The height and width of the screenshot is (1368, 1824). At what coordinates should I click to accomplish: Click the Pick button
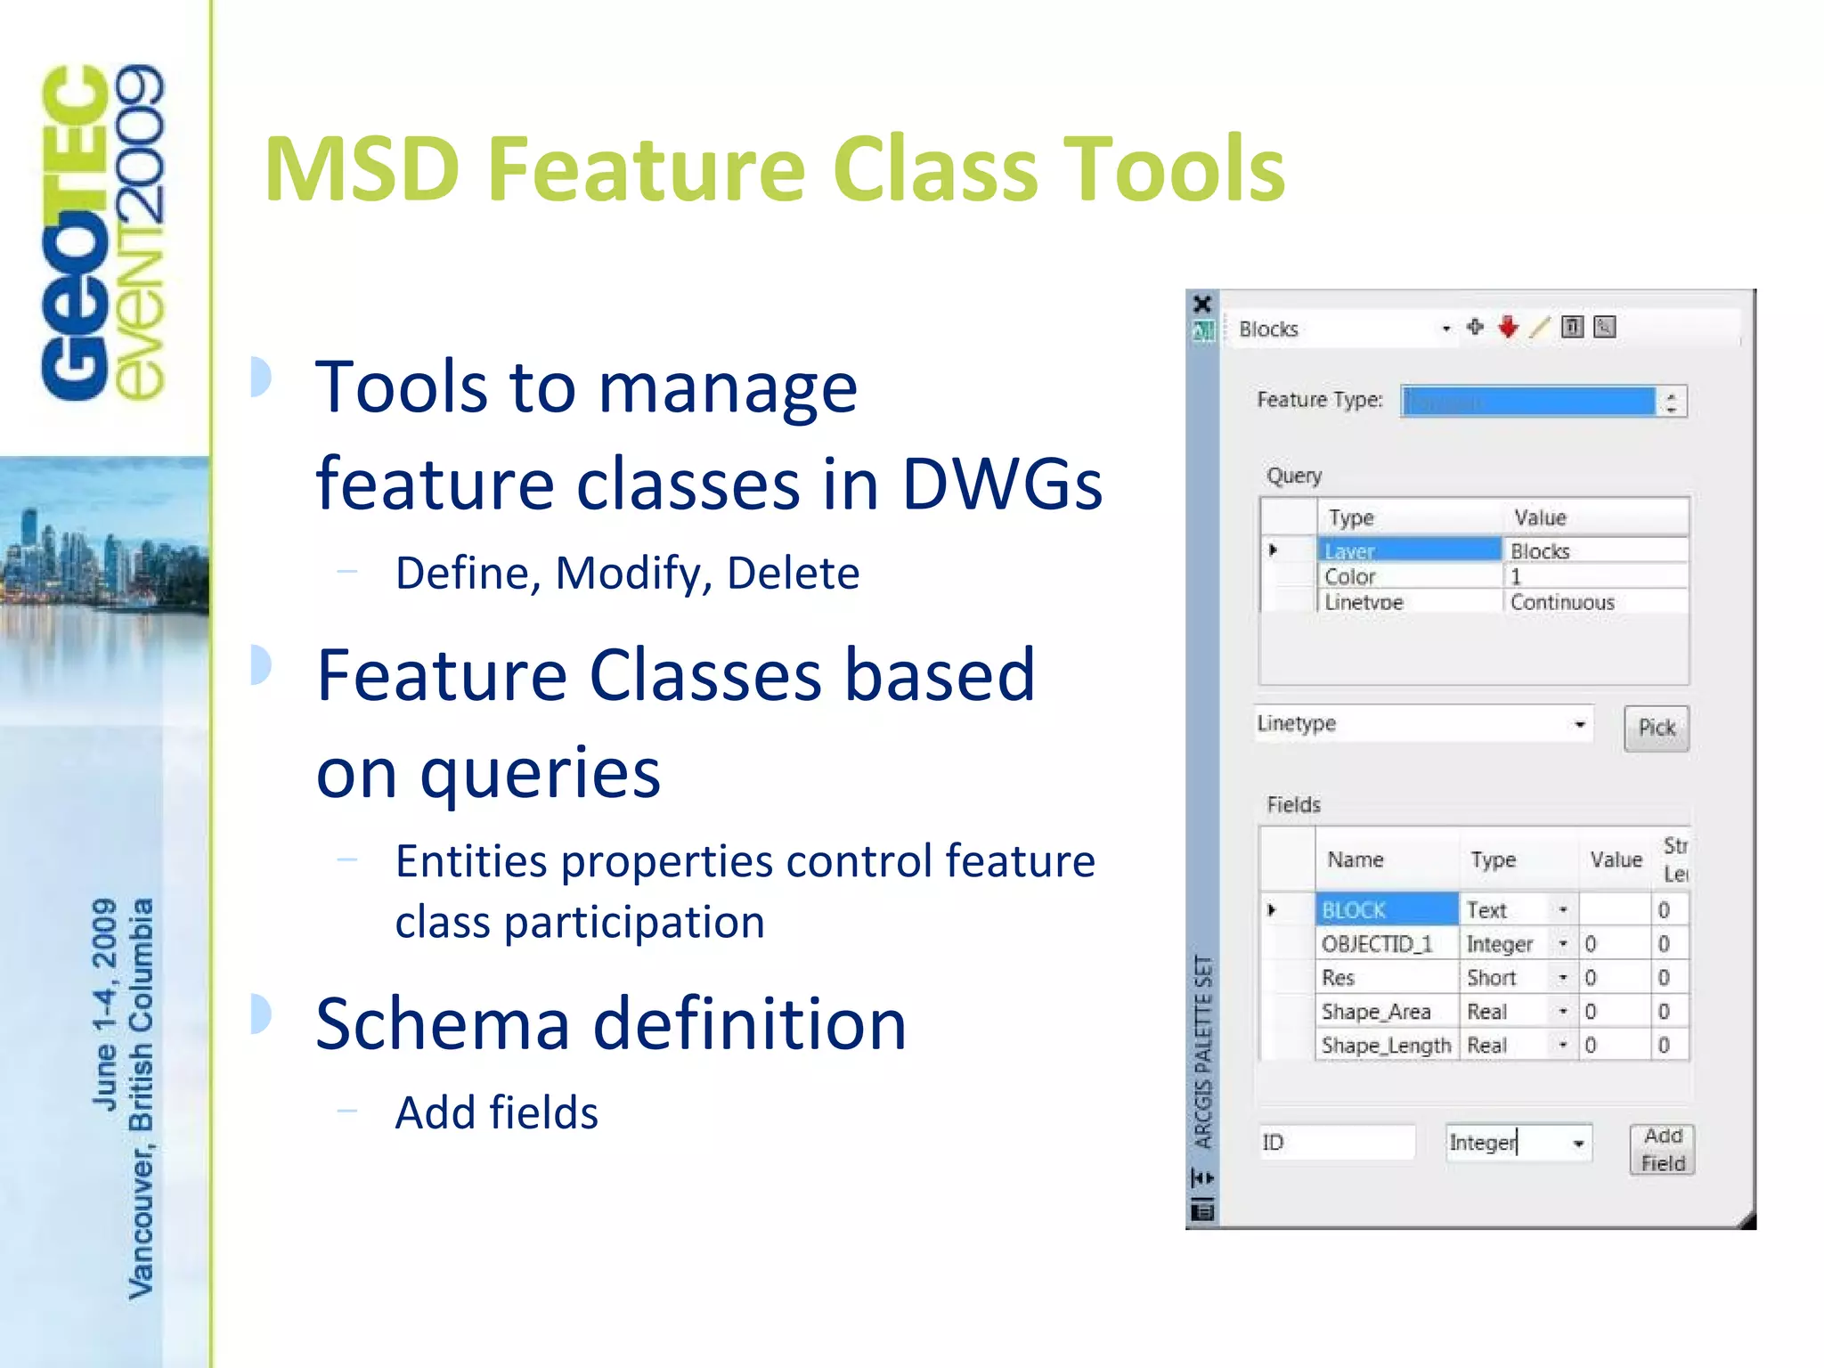pyautogui.click(x=1656, y=728)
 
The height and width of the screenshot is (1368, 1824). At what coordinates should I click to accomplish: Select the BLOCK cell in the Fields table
pyautogui.click(x=1386, y=909)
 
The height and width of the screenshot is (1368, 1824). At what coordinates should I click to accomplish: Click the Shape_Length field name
pyautogui.click(x=1386, y=1045)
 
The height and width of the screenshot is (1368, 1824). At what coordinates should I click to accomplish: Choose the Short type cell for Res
pyautogui.click(x=1505, y=977)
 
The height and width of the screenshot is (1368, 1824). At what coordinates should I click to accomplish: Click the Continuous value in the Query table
pyautogui.click(x=1562, y=602)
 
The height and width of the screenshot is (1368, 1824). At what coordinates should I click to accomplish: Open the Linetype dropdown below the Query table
pyautogui.click(x=1578, y=724)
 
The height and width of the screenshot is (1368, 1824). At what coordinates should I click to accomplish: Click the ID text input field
pyautogui.click(x=1336, y=1142)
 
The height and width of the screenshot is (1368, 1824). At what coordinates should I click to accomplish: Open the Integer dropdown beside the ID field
pyautogui.click(x=1577, y=1143)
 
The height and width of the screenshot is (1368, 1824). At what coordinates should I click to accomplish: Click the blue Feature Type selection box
pyautogui.click(x=1527, y=401)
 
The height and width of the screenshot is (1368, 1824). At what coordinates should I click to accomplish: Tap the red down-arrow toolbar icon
pyautogui.click(x=1507, y=327)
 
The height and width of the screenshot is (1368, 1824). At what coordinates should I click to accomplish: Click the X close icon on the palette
pyautogui.click(x=1202, y=304)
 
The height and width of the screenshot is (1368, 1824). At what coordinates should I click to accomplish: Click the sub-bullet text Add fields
pyautogui.click(x=496, y=1112)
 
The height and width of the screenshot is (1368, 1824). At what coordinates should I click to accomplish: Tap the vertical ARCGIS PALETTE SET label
pyautogui.click(x=1202, y=1051)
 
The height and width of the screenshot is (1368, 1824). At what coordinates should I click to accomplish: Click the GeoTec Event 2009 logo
pyautogui.click(x=102, y=232)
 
